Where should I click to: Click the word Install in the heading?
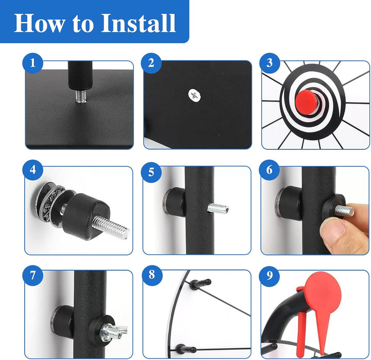[139, 23]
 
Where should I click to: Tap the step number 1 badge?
[32, 63]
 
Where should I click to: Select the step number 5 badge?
[151, 172]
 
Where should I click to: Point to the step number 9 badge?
[269, 276]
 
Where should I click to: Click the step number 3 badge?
[269, 63]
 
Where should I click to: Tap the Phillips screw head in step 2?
[195, 95]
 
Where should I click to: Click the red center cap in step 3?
[307, 102]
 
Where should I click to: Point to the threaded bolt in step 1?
[81, 96]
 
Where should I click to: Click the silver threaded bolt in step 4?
[111, 228]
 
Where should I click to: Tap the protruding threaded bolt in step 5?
[218, 209]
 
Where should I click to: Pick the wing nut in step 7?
[114, 331]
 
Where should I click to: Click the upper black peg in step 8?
[200, 283]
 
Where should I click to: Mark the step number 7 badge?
[32, 276]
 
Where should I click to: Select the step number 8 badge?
[152, 276]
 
